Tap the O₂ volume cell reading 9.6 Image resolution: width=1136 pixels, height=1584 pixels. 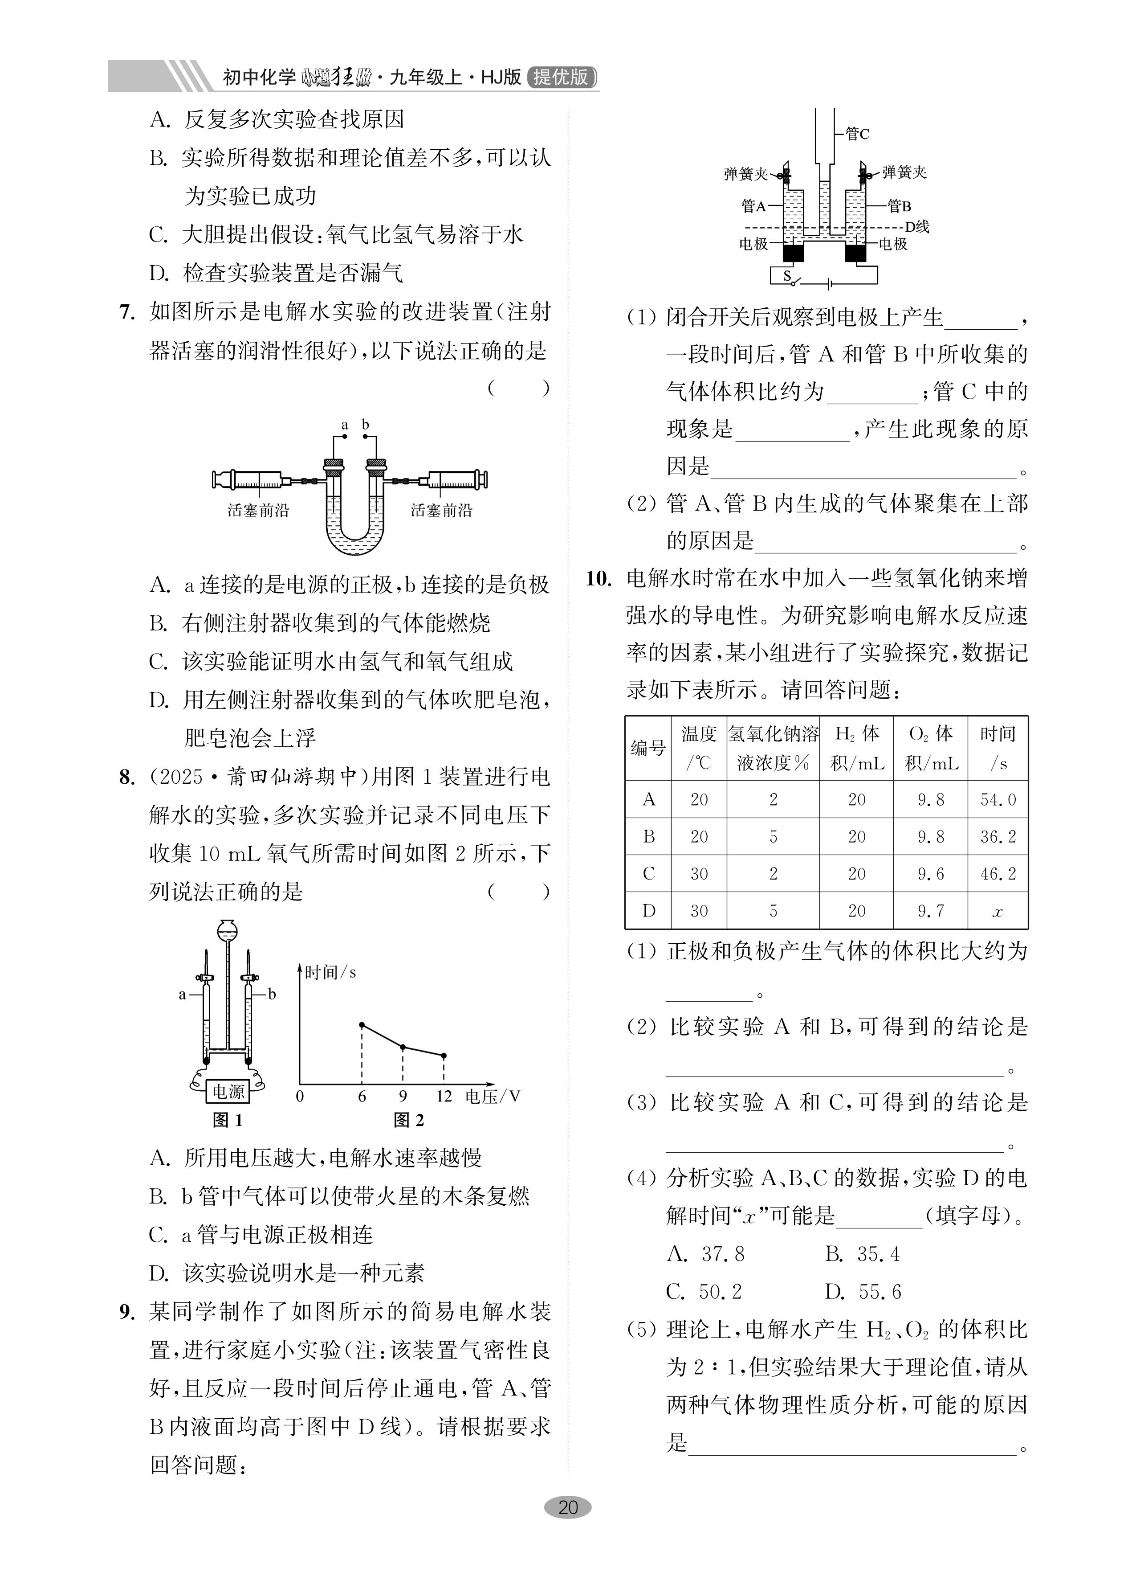point(930,874)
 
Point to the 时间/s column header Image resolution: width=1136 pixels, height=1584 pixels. point(998,748)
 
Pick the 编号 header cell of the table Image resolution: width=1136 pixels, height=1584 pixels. point(648,748)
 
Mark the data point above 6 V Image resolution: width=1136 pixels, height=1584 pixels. point(362,1024)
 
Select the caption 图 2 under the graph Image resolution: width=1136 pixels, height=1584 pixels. point(409,1120)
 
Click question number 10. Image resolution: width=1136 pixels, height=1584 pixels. point(599,578)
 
